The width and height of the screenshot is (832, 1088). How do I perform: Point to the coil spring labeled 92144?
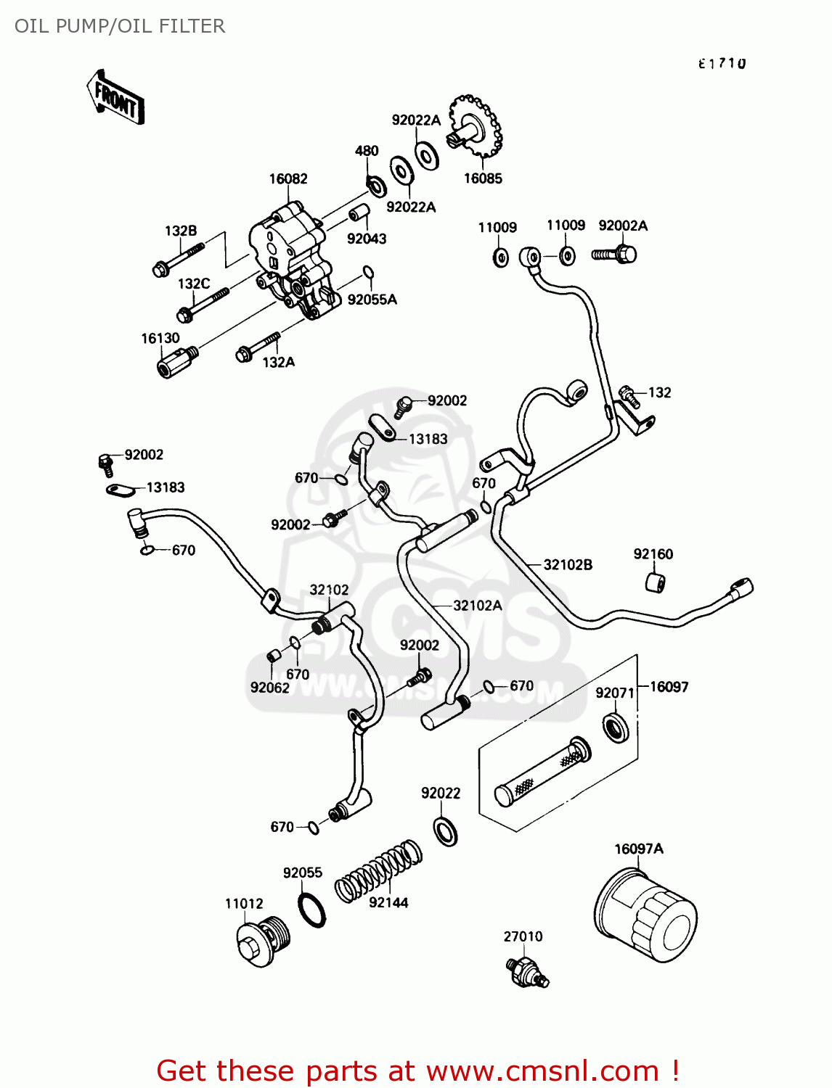point(378,870)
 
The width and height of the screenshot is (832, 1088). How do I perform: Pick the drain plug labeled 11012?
point(262,941)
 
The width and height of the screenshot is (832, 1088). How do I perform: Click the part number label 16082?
point(288,179)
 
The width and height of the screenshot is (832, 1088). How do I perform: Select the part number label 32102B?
point(568,564)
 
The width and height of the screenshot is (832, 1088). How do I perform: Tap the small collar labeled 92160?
point(655,582)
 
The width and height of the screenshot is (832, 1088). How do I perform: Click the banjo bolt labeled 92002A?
point(615,254)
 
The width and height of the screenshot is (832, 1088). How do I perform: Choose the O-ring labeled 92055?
point(312,910)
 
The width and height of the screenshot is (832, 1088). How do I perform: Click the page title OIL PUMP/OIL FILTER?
point(120,26)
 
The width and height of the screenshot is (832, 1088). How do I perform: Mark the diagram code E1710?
point(722,64)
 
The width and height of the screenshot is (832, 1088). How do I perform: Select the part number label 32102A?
point(477,605)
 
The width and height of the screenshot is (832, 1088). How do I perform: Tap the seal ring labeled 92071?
point(616,727)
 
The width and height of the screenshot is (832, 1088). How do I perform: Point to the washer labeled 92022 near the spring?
point(446,831)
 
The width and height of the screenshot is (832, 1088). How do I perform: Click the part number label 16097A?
point(639,849)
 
